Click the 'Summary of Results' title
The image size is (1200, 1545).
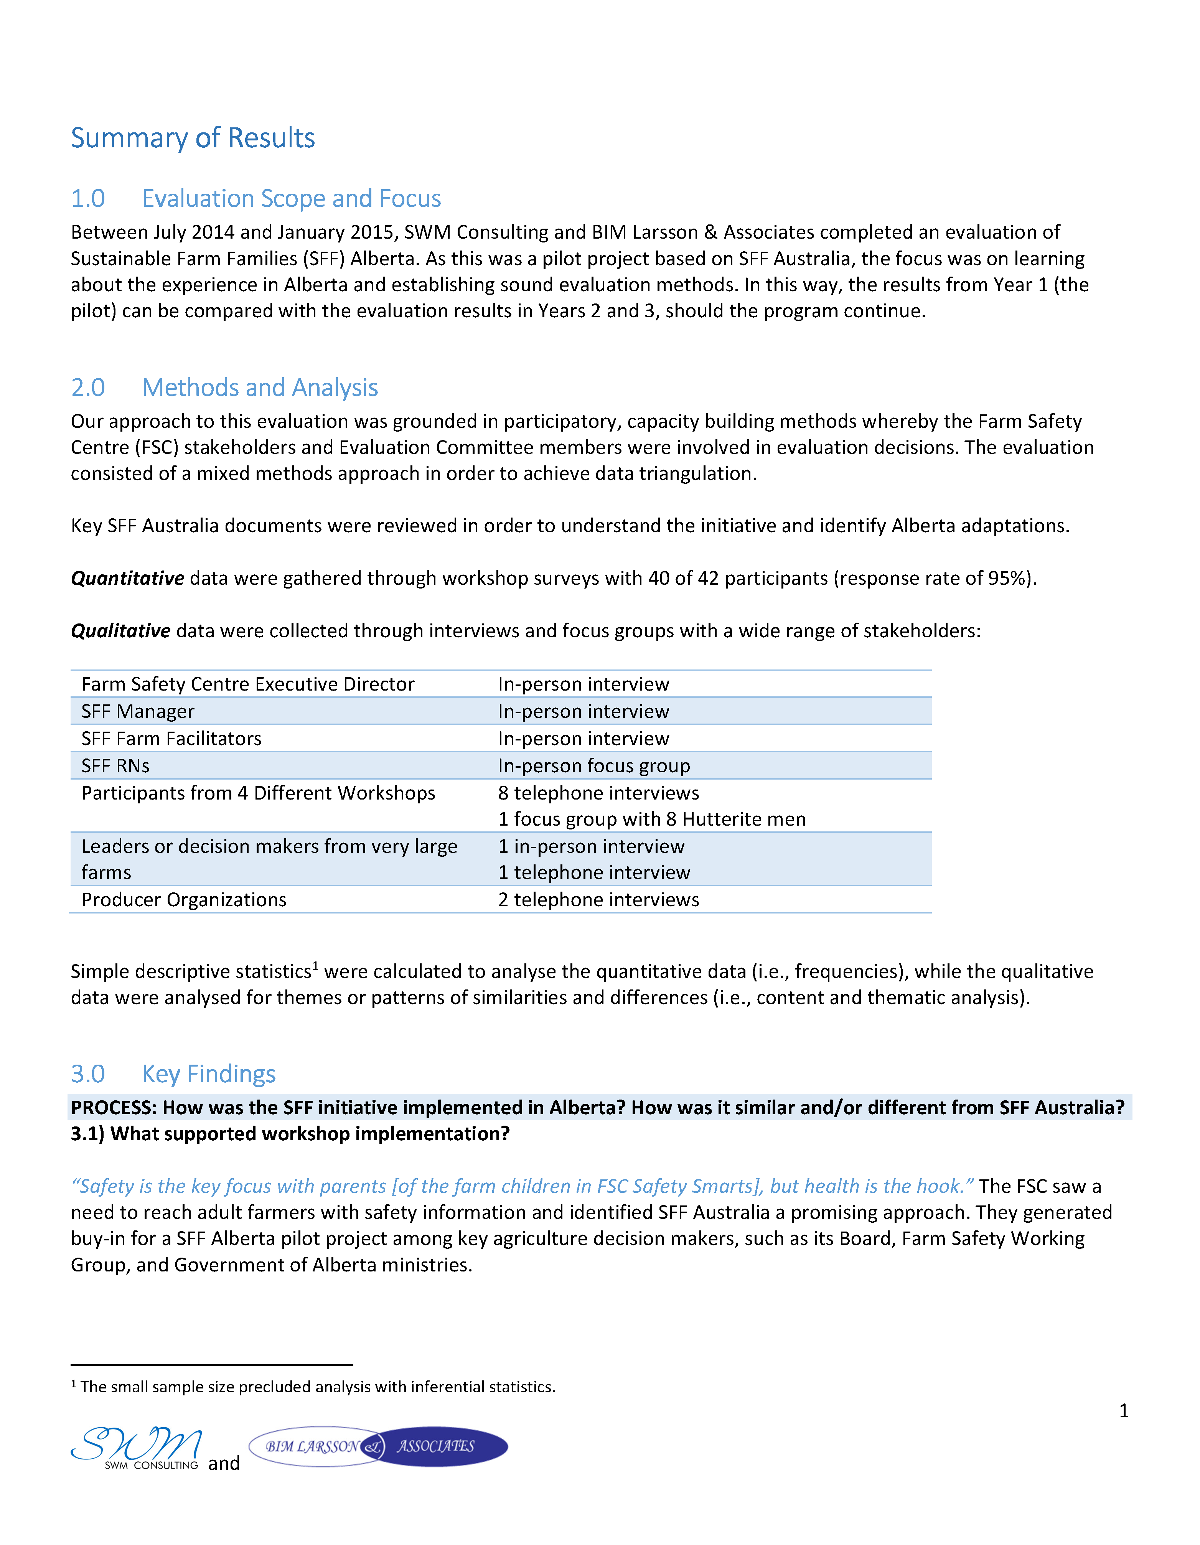pyautogui.click(x=193, y=138)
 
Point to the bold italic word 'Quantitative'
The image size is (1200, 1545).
pyautogui.click(x=127, y=579)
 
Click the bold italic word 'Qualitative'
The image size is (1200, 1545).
pyautogui.click(x=120, y=631)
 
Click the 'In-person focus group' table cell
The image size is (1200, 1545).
pyautogui.click(x=593, y=766)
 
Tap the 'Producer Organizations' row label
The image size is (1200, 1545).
pyautogui.click(x=184, y=900)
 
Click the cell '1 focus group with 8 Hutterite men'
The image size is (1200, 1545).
pyautogui.click(x=652, y=819)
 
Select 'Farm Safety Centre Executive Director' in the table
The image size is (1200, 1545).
pyautogui.click(x=248, y=684)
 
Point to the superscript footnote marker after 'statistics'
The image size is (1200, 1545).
pyautogui.click(x=316, y=965)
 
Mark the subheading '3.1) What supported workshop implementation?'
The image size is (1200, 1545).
pyautogui.click(x=290, y=1134)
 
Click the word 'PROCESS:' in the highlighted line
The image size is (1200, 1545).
pyautogui.click(x=113, y=1108)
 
